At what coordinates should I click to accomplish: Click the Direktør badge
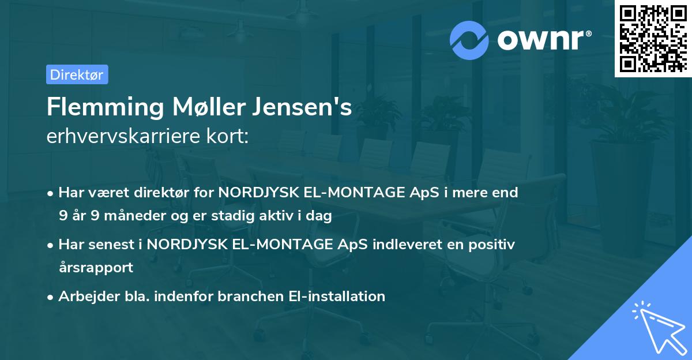(77, 74)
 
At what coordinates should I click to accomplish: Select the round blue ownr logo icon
(469, 40)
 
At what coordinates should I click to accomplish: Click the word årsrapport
(96, 268)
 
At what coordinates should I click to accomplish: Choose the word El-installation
(336, 296)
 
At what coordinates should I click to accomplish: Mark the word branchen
(252, 296)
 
